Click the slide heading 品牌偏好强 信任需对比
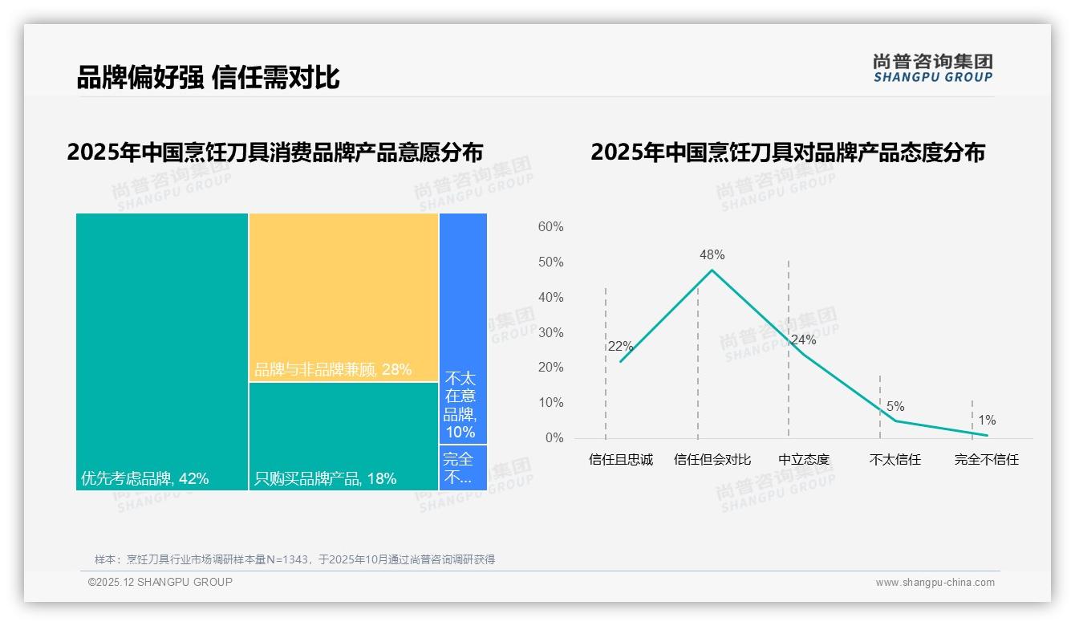pos(209,78)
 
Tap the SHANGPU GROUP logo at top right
pos(932,68)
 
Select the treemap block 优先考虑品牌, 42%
pos(162,352)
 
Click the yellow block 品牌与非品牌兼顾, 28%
pos(343,297)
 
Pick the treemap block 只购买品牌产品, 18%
pos(343,436)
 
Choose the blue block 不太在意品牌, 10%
pos(463,328)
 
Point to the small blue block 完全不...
pos(463,467)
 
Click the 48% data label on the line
pos(712,255)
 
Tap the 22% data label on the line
pos(620,347)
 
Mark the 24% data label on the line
pos(803,340)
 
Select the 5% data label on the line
pos(895,407)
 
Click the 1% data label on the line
pos(987,421)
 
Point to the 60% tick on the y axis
pos(550,227)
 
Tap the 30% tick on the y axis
pos(550,332)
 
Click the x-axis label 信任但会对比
pos(712,460)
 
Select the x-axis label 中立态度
pos(804,460)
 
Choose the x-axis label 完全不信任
pos(986,460)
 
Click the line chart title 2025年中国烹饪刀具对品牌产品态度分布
pos(788,152)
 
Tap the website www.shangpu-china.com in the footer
pos(935,583)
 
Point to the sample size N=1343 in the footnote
pos(282,559)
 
